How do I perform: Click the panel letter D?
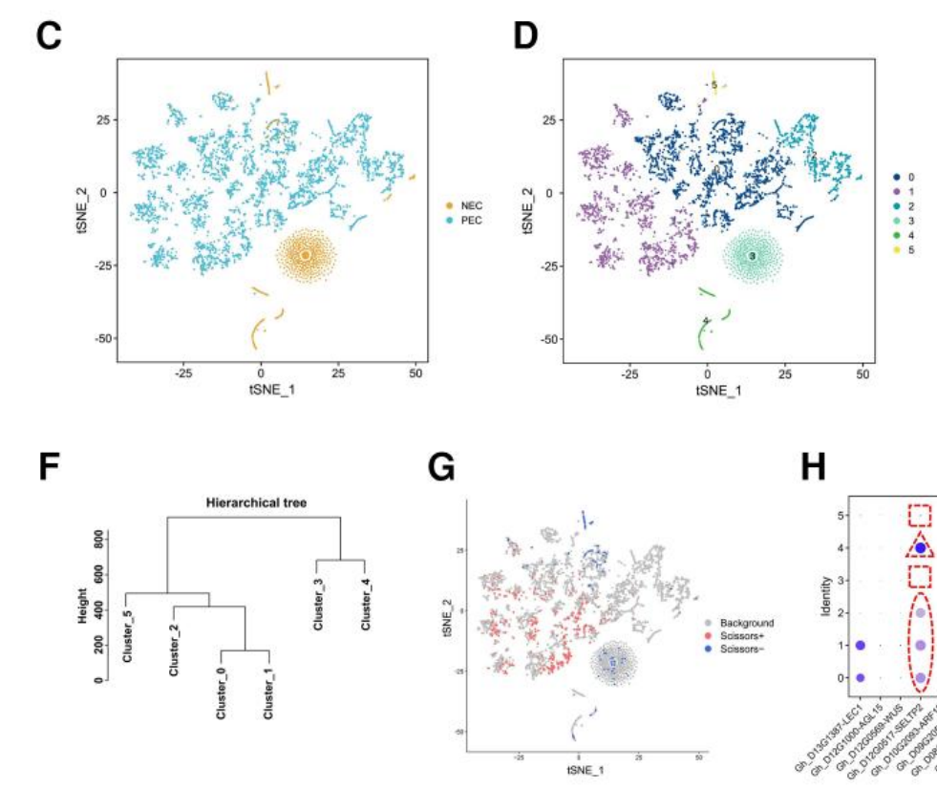point(526,35)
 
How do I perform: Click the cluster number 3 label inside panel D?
point(753,256)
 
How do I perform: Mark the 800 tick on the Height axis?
point(98,541)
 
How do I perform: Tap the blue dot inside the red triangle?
point(920,547)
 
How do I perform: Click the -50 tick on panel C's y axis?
point(100,338)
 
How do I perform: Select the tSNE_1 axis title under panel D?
point(719,390)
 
